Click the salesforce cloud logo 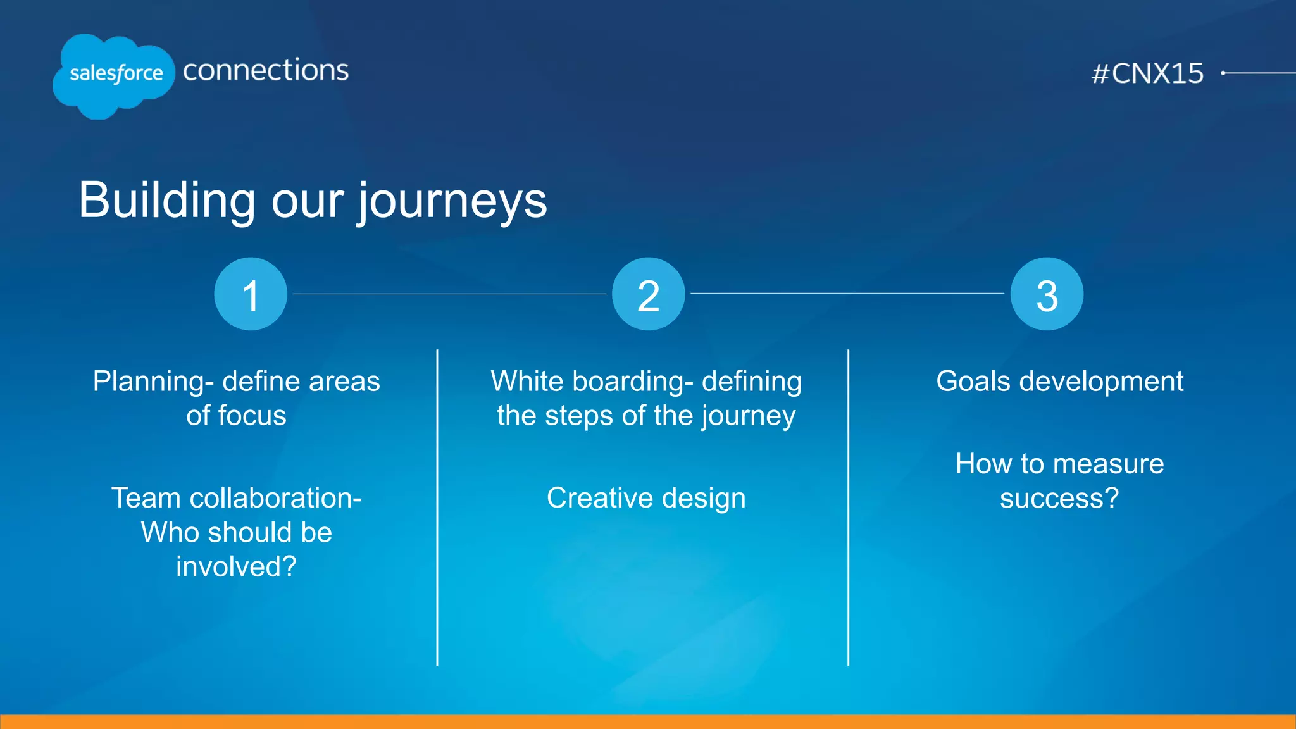pyautogui.click(x=114, y=75)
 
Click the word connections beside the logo pyautogui.click(x=265, y=70)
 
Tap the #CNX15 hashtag pyautogui.click(x=1147, y=73)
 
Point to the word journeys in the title pyautogui.click(x=452, y=201)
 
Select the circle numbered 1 pyautogui.click(x=251, y=294)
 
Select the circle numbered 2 pyautogui.click(x=648, y=294)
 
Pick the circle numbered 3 pyautogui.click(x=1047, y=294)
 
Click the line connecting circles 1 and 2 pyautogui.click(x=449, y=294)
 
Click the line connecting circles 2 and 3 pyautogui.click(x=847, y=293)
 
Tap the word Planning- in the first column pyautogui.click(x=153, y=382)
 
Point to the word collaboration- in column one pyautogui.click(x=275, y=498)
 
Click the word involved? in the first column pyautogui.click(x=236, y=566)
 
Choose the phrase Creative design pyautogui.click(x=646, y=498)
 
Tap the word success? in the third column pyautogui.click(x=1059, y=498)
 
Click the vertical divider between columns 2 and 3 pyautogui.click(x=848, y=506)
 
